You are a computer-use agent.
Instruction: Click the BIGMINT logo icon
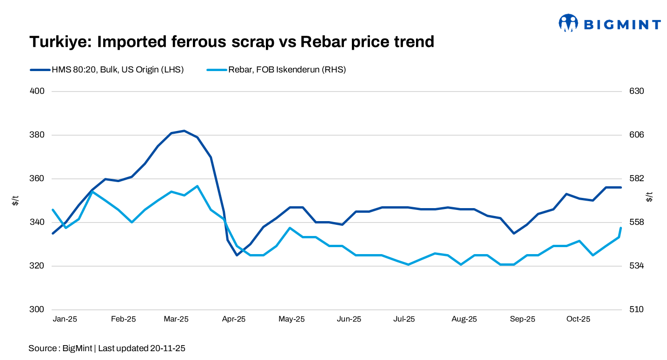tap(568, 23)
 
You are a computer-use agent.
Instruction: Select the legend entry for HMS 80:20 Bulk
tap(107, 70)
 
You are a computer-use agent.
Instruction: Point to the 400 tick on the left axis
tap(37, 91)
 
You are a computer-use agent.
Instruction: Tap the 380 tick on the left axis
tap(37, 135)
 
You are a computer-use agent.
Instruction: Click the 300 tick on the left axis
tap(37, 310)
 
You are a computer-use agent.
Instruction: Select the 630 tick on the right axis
tap(636, 91)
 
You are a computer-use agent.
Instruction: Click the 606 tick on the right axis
tap(636, 135)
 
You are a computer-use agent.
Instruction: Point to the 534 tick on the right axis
tap(636, 266)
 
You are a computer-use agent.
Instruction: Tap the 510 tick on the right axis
tap(636, 310)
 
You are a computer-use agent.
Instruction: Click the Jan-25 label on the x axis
tap(65, 319)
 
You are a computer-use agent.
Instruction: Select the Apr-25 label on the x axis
tap(233, 319)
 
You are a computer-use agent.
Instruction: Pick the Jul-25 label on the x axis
tap(404, 319)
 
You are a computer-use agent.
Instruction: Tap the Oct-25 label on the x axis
tap(579, 319)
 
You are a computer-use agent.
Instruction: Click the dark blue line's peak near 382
tap(185, 131)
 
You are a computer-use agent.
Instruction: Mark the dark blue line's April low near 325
tap(237, 255)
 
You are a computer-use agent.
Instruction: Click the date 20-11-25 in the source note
tap(167, 348)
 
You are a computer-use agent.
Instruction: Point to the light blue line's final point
tap(621, 228)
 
